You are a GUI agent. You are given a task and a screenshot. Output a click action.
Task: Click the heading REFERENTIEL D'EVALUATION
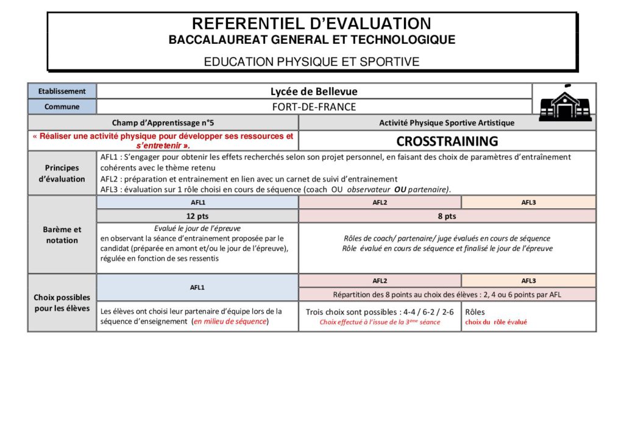311,24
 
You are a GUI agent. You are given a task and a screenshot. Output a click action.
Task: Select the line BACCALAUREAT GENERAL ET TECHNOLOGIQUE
311,40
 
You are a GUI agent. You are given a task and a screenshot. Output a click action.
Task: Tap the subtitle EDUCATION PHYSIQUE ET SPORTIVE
311,62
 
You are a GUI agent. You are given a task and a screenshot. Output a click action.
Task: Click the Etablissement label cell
62,91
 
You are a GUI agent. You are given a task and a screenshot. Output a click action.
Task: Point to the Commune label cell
62,107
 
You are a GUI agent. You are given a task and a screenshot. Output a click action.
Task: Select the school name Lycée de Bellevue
314,91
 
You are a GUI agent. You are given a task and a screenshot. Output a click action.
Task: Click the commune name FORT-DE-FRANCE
314,107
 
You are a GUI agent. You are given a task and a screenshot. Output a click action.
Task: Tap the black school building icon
565,103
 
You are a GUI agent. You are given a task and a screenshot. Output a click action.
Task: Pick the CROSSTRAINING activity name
447,141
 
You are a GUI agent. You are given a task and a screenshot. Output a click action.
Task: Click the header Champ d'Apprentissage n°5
163,122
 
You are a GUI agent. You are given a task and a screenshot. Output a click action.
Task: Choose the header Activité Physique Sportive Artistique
447,122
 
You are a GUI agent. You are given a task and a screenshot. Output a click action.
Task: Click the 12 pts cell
197,216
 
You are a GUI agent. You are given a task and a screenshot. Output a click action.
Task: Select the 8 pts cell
447,216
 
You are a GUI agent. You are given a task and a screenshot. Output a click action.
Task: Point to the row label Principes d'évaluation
62,173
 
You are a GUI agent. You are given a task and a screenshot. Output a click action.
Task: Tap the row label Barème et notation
62,235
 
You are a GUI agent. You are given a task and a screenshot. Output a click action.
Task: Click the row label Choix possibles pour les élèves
62,303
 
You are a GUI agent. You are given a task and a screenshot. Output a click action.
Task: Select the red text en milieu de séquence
230,321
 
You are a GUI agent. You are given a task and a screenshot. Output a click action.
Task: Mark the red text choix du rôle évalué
496,322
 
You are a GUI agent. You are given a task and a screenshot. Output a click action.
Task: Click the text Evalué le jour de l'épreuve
197,228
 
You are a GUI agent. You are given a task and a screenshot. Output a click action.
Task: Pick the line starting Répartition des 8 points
447,294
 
